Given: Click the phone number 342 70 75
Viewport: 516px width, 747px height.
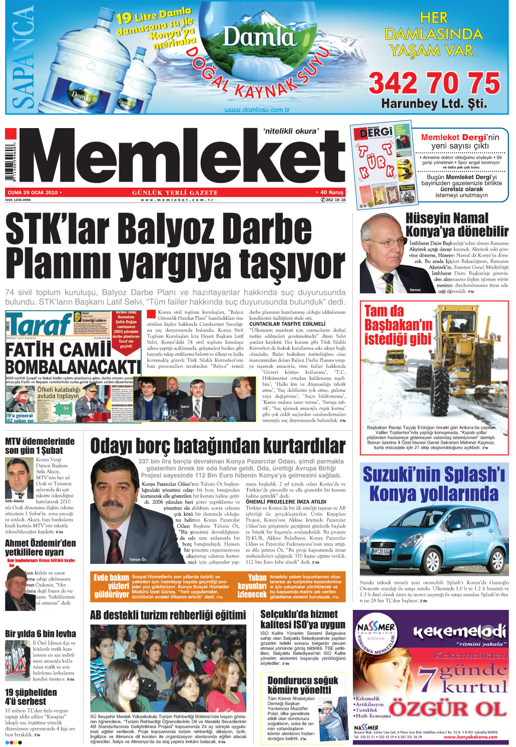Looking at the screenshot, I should pos(434,84).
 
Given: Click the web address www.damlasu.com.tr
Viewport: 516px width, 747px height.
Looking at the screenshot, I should pos(257,110).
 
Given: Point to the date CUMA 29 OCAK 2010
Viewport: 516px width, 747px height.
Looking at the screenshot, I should pos(33,193).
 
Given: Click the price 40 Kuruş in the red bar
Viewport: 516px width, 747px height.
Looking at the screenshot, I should pos(331,193).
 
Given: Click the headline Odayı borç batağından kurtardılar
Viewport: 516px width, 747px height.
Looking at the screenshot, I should pos(218,446).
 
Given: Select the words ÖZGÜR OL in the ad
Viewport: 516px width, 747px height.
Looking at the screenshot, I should pos(448,709).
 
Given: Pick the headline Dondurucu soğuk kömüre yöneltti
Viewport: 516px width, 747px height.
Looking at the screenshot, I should pos(302,685).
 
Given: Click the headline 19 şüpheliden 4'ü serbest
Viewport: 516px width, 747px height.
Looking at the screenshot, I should pos(31,697).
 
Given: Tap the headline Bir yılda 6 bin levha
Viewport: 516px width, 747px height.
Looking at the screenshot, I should pos(41,633).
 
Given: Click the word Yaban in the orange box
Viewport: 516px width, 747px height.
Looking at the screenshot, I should pos(257,577).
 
